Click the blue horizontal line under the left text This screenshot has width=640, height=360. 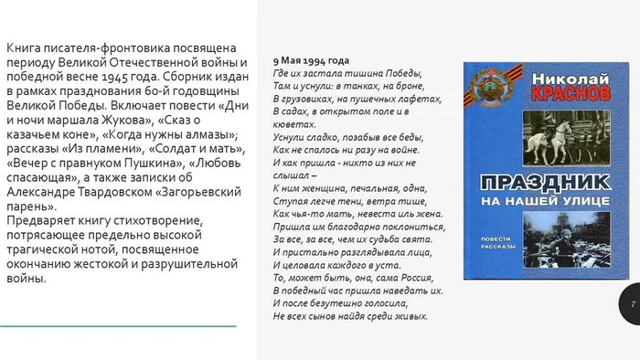coord(118,325)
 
